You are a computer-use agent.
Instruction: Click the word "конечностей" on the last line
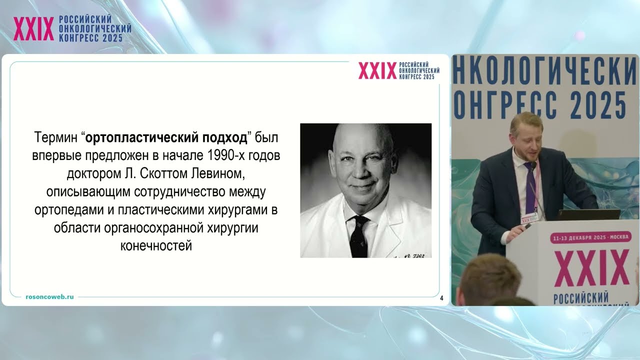pos(156,245)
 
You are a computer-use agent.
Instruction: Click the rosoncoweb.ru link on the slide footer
pos(49,296)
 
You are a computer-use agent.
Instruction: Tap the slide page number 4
pos(441,298)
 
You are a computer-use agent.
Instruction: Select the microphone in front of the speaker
pos(533,165)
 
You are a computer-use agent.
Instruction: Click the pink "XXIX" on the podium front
pos(591,269)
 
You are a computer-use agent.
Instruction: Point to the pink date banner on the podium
pos(590,238)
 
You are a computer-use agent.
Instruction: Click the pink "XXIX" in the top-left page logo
pos(33,29)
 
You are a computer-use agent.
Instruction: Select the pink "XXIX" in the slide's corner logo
pos(377,71)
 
